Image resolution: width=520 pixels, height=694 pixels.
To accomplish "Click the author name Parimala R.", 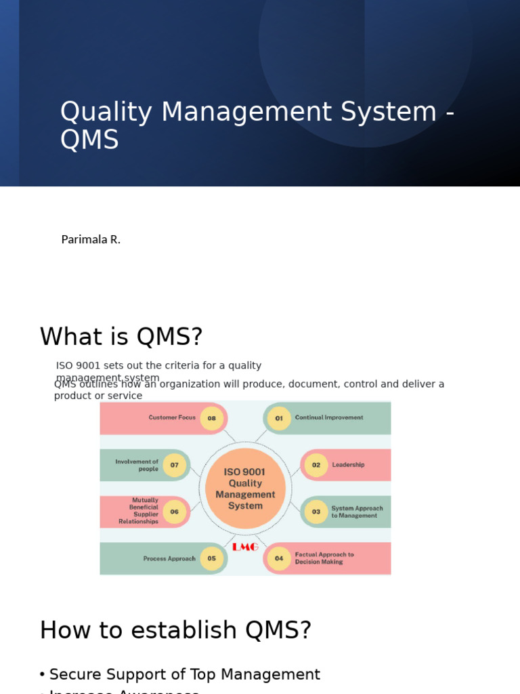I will point(91,239).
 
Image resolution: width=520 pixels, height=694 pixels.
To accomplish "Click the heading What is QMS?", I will point(121,337).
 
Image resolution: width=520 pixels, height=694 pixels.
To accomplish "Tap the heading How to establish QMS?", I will point(175,630).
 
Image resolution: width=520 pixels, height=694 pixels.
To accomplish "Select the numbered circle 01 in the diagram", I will point(279,418).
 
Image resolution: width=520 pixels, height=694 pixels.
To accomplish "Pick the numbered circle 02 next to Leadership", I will point(316,465).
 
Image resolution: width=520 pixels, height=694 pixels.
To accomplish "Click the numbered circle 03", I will point(316,512).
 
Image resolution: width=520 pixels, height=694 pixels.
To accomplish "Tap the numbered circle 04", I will point(279,558).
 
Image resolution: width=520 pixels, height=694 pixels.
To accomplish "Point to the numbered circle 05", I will point(212,558).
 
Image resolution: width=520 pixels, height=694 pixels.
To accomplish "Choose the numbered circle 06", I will point(175,512).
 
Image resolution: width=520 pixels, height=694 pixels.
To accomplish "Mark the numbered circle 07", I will point(175,465).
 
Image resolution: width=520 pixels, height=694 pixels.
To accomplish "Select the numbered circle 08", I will point(212,418).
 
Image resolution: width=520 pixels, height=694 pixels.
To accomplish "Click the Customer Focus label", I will point(172,417).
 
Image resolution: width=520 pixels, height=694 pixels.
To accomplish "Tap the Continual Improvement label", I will point(329,417).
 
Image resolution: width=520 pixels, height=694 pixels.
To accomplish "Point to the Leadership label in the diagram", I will point(348,465).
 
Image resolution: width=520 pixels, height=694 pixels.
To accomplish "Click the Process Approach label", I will point(169,558).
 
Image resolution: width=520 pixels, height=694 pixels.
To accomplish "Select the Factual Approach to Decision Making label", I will point(324,558).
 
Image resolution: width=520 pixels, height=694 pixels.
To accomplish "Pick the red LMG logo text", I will point(245,547).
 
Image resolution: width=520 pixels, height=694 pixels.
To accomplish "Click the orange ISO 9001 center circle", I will point(245,488).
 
